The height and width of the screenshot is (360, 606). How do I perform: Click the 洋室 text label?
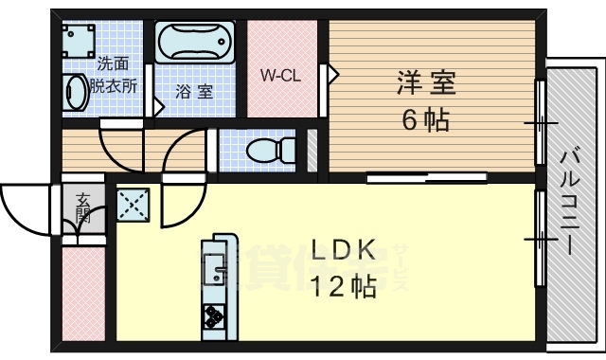(425, 84)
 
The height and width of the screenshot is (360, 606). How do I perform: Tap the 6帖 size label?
(425, 120)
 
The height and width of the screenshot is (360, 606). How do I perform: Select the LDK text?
(346, 250)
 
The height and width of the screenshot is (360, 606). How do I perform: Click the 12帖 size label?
(345, 285)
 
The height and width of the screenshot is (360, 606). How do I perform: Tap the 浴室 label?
(194, 92)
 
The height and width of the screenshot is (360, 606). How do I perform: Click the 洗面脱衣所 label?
(114, 75)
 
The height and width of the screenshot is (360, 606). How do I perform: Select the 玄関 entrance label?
(83, 207)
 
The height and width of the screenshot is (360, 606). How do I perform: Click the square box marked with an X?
(130, 202)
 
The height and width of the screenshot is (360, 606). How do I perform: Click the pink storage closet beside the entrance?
(82, 294)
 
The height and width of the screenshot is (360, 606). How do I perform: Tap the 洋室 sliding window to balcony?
(541, 122)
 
